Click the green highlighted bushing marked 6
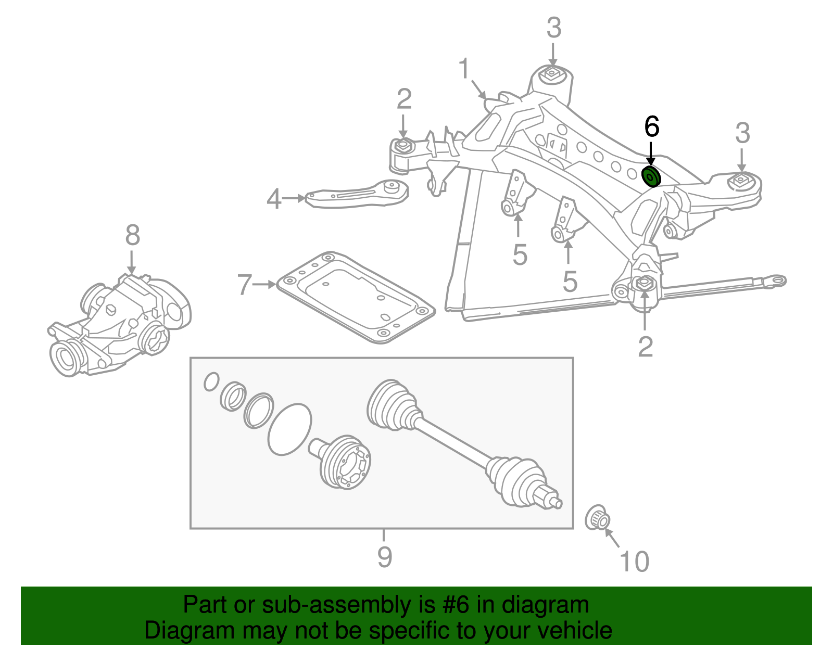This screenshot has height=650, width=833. [651, 177]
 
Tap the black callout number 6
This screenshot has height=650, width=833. [651, 126]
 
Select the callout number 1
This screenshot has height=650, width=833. [464, 70]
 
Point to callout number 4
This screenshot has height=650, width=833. [274, 199]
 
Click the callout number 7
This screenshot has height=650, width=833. [245, 285]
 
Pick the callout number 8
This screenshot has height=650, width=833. [132, 235]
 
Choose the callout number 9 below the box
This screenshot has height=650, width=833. [384, 557]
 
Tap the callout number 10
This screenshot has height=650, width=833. [635, 562]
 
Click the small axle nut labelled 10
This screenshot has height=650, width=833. [598, 517]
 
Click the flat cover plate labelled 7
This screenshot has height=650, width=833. [354, 297]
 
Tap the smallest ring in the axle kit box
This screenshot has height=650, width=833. [211, 381]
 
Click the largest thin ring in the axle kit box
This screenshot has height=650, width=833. [289, 429]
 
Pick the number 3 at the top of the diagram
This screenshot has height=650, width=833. [554, 28]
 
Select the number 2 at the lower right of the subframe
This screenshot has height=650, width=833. [645, 346]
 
